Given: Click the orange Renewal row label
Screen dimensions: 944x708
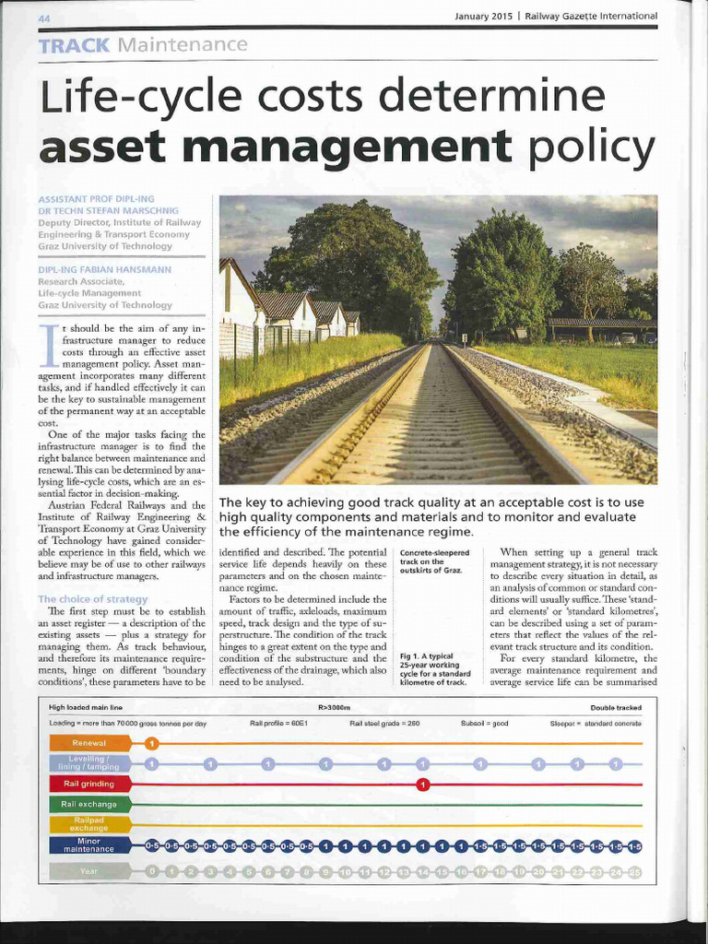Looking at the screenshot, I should (x=89, y=742).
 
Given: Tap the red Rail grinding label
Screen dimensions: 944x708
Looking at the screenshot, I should (x=89, y=784).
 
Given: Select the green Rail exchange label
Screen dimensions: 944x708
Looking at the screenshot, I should (x=89, y=804).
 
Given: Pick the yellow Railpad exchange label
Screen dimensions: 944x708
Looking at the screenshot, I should (x=89, y=824).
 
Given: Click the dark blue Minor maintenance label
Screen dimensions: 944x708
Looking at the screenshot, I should (x=89, y=845).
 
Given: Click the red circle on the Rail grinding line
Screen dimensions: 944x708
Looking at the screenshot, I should (x=422, y=785).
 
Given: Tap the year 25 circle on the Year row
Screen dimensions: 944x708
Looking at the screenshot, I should (x=634, y=871).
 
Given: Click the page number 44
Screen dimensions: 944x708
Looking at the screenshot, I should (x=44, y=18).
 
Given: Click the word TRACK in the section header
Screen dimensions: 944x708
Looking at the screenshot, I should (x=75, y=44).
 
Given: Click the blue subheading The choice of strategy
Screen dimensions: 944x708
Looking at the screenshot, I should (x=92, y=598).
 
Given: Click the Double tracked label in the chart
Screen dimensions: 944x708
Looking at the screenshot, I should (x=616, y=707).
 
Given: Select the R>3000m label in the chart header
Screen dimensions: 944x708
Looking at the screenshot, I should (x=335, y=707).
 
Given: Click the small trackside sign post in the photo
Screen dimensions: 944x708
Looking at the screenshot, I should (x=464, y=339).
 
